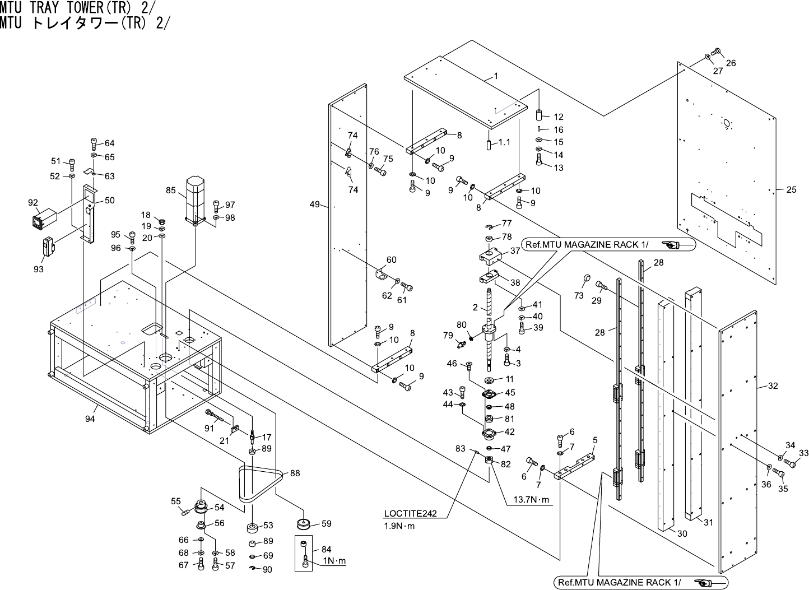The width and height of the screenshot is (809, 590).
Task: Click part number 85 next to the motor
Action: pyautogui.click(x=170, y=191)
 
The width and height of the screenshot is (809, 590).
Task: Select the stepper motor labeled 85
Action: pyautogui.click(x=196, y=201)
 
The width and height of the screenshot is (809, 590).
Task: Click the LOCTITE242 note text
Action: pyautogui.click(x=410, y=513)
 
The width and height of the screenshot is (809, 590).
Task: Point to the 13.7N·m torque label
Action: pyautogui.click(x=531, y=500)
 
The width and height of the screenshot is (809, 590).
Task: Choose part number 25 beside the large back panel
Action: pyautogui.click(x=791, y=190)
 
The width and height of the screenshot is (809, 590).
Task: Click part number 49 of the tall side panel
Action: pyautogui.click(x=314, y=205)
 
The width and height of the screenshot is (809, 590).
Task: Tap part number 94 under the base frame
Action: pyautogui.click(x=90, y=419)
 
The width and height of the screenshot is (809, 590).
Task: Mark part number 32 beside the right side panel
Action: pyautogui.click(x=773, y=386)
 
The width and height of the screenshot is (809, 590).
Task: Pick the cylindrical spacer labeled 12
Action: pyautogui.click(x=539, y=115)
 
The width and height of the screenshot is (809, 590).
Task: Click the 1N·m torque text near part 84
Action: pyautogui.click(x=334, y=561)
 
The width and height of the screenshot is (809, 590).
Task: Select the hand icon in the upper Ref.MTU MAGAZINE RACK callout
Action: pyautogui.click(x=671, y=245)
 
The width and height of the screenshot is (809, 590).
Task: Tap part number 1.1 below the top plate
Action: pyautogui.click(x=505, y=142)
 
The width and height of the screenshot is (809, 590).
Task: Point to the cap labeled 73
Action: pyautogui.click(x=587, y=278)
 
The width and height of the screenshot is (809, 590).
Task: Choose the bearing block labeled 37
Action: pyautogui.click(x=490, y=256)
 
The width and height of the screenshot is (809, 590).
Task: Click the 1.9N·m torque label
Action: pyautogui.click(x=399, y=526)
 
